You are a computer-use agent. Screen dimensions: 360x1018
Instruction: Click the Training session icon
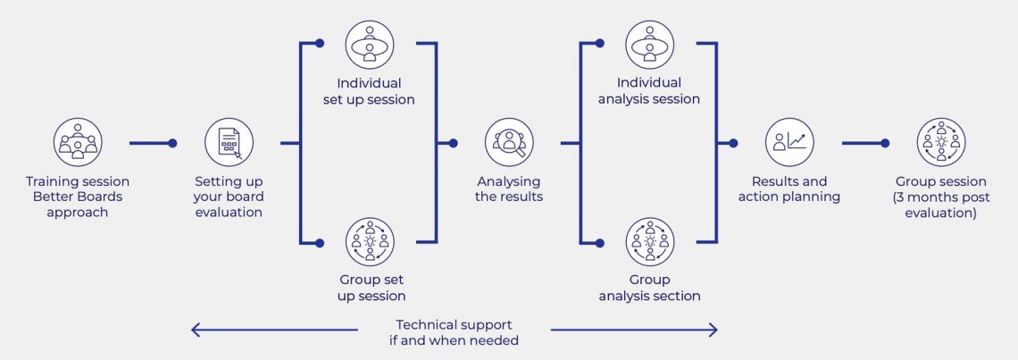coord(78,142)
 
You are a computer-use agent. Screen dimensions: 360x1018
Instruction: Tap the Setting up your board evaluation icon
coord(229,142)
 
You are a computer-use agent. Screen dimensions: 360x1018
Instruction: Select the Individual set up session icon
coord(369,45)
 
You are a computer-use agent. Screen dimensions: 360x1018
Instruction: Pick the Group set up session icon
coord(369,241)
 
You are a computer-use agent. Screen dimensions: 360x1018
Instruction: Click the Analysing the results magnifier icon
coord(509,142)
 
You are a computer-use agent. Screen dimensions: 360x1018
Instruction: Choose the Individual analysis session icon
coord(649,45)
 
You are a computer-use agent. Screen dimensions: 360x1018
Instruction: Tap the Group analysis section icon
coord(649,241)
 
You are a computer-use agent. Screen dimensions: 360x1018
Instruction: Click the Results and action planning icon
coord(789,142)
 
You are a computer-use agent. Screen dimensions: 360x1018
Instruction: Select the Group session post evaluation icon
coord(941,142)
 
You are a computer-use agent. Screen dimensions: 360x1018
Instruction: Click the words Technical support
coord(454,324)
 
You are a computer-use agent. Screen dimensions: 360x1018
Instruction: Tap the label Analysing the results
coord(509,189)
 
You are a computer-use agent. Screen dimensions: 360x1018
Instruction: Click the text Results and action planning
coord(789,189)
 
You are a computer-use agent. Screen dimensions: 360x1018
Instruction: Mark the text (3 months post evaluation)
coord(941,205)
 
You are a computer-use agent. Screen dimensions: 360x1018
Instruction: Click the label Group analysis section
coord(649,288)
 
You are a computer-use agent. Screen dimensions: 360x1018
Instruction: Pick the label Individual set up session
coord(369,91)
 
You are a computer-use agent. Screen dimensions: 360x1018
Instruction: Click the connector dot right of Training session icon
coord(172,142)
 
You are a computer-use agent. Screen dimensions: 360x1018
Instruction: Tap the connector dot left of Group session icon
coord(885,142)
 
